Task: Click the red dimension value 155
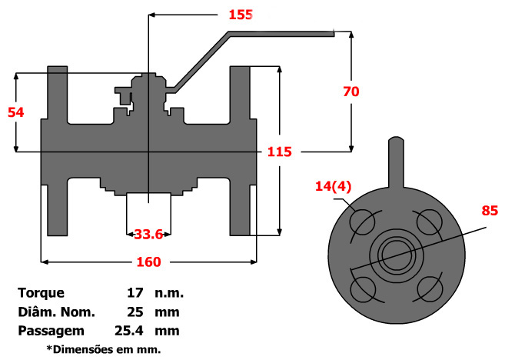pyautogui.click(x=241, y=15)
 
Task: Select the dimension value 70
pyautogui.click(x=351, y=91)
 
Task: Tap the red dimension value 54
pyautogui.click(x=15, y=112)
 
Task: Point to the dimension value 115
pyautogui.click(x=279, y=152)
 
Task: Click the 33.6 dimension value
pyautogui.click(x=148, y=234)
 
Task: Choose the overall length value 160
pyautogui.click(x=148, y=262)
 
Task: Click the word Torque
pyautogui.click(x=41, y=293)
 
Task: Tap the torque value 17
pyautogui.click(x=136, y=293)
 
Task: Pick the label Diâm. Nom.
pyautogui.click(x=56, y=312)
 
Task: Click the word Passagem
pyautogui.click(x=51, y=331)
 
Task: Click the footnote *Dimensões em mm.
pyautogui.click(x=104, y=349)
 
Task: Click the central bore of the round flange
pyautogui.click(x=394, y=255)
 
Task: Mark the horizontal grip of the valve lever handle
pyautogui.click(x=281, y=34)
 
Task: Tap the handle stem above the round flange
pyautogui.click(x=394, y=162)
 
